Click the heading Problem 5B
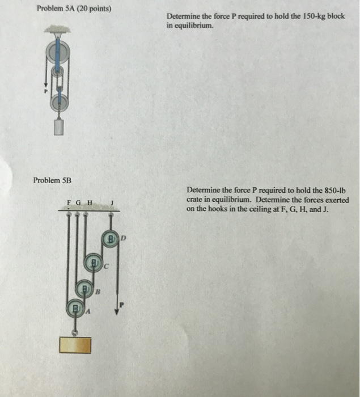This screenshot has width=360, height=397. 52,180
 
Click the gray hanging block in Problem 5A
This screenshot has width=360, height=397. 59,128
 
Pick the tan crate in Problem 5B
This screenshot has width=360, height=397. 75,345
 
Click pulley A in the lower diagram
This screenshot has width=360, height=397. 75,308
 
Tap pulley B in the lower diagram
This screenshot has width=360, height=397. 84,288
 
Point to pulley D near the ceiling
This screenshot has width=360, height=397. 111,239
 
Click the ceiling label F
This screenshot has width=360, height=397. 69,202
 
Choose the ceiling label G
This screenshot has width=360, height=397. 78,202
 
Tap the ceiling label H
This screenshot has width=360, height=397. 90,202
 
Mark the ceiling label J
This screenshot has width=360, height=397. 112,203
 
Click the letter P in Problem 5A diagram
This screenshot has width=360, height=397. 46,91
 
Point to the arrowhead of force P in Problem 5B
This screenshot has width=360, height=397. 116,311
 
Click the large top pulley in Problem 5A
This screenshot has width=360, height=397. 57,53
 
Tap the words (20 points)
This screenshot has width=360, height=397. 94,9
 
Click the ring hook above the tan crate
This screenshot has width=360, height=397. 75,333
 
